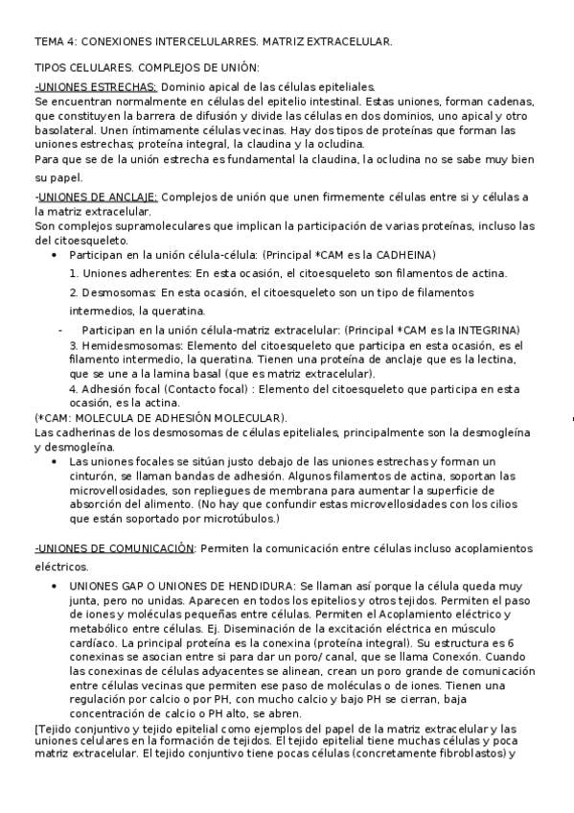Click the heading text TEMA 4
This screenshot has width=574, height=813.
[x=55, y=42]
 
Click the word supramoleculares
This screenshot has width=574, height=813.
[x=154, y=227]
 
